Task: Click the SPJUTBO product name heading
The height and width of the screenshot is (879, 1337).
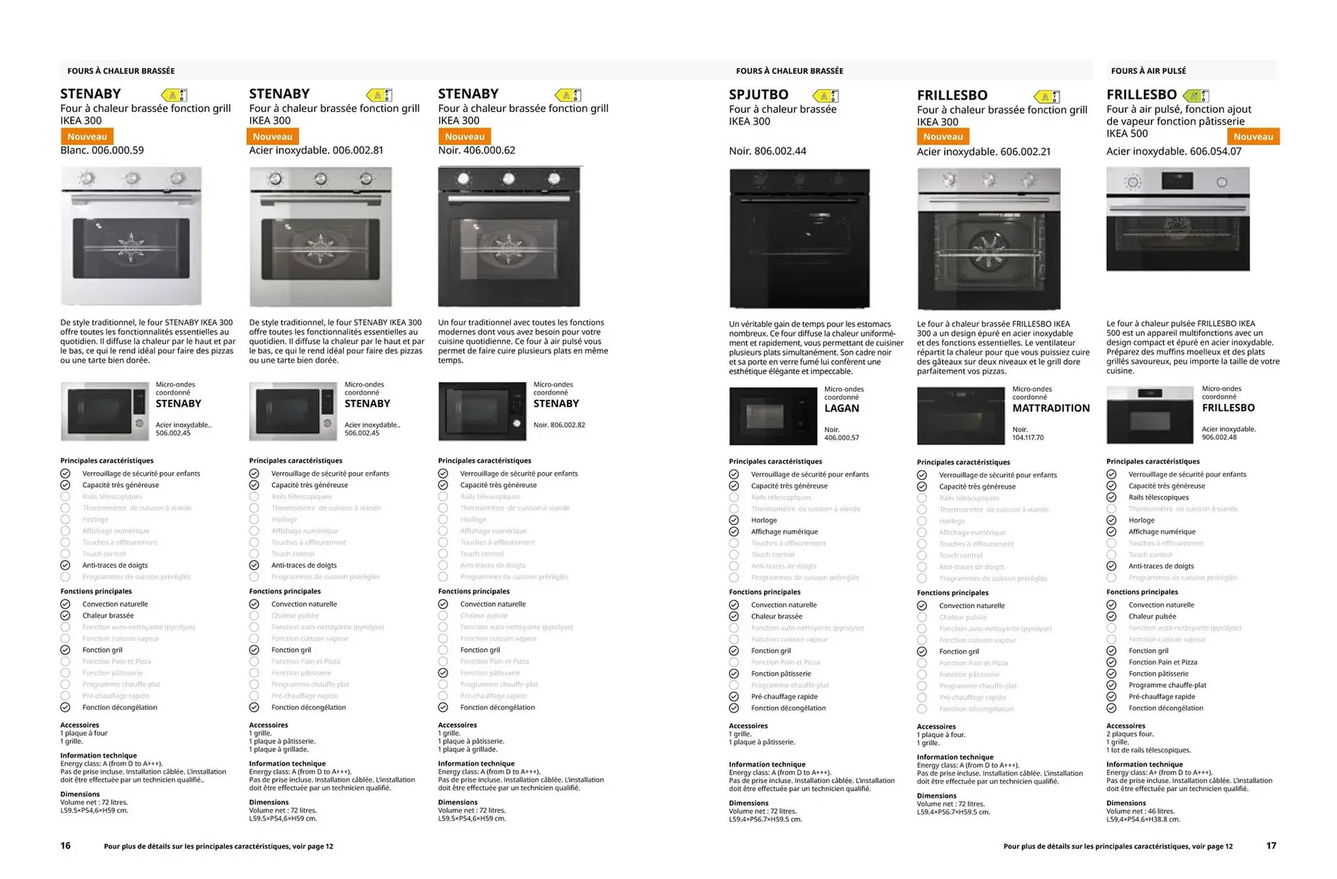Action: click(758, 95)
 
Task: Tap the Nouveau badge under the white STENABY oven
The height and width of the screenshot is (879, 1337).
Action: click(87, 137)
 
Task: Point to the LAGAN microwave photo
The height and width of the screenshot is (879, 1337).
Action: click(772, 416)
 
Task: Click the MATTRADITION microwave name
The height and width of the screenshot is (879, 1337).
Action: click(1051, 408)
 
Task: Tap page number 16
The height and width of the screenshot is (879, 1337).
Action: click(65, 846)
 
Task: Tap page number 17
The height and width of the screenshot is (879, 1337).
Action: click(1271, 846)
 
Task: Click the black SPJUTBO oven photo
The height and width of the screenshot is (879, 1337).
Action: click(799, 238)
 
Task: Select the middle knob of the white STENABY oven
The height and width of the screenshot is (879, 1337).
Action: click(132, 179)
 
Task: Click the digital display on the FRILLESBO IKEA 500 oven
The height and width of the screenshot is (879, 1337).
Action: click(1177, 182)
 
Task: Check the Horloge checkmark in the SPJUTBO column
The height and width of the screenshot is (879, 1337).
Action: click(734, 520)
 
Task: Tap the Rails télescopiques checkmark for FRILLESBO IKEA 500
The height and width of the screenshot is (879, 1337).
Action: click(1111, 497)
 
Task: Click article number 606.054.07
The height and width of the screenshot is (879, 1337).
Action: click(1215, 151)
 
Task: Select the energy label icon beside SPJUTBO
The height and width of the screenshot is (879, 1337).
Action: click(825, 95)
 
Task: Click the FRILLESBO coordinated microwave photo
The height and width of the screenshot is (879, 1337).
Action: click(1149, 415)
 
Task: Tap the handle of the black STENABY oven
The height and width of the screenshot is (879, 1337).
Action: click(508, 199)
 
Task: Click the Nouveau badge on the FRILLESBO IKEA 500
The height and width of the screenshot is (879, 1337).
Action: click(1253, 137)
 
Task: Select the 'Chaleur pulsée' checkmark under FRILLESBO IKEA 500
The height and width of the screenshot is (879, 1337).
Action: click(1111, 616)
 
